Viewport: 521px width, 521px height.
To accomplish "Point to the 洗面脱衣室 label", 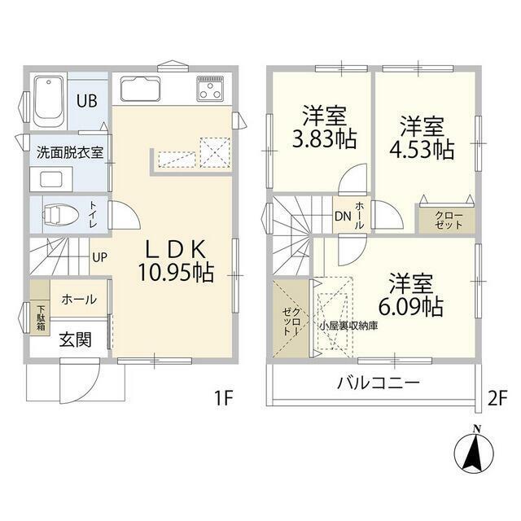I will pyautogui.click(x=68, y=153).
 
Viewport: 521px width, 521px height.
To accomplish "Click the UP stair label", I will pyautogui.click(x=99, y=256).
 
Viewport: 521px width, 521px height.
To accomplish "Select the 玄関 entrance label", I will pyautogui.click(x=73, y=340).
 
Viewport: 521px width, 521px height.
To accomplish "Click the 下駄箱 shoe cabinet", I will pyautogui.click(x=40, y=316).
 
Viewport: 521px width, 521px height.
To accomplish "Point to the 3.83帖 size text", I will pyautogui.click(x=324, y=138).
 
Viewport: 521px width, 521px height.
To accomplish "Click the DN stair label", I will pyautogui.click(x=343, y=217).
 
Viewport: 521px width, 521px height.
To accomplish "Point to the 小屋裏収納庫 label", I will pyautogui.click(x=348, y=325).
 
